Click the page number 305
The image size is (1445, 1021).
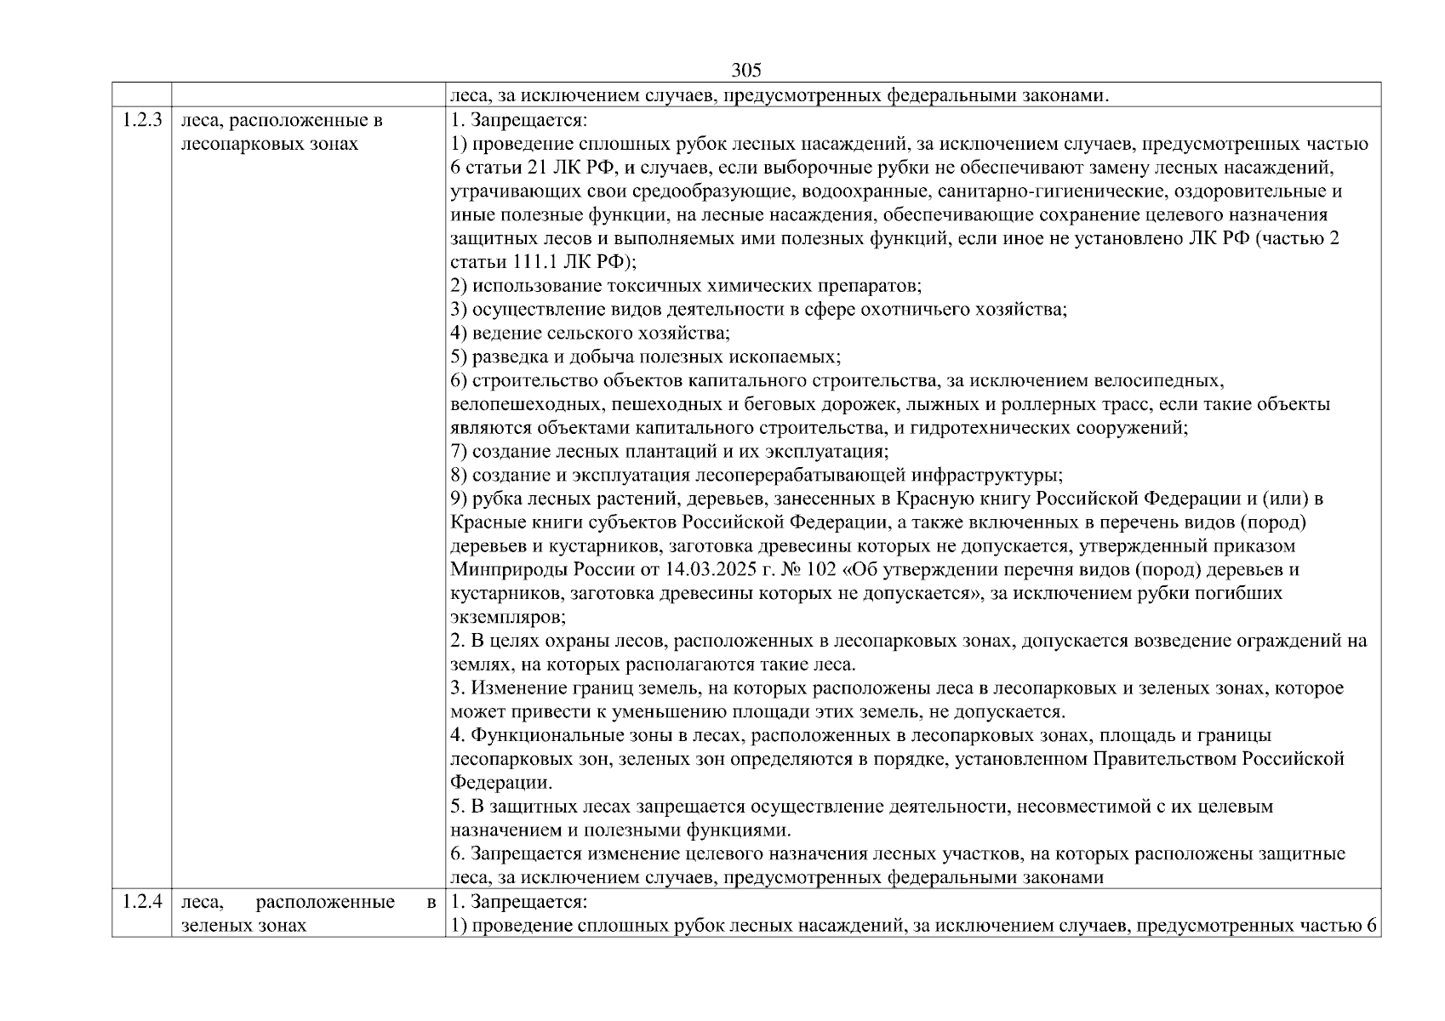745,71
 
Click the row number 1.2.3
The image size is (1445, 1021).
141,120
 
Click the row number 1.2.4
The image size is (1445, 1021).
141,901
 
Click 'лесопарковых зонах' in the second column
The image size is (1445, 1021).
270,144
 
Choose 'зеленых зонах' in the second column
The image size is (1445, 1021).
244,925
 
